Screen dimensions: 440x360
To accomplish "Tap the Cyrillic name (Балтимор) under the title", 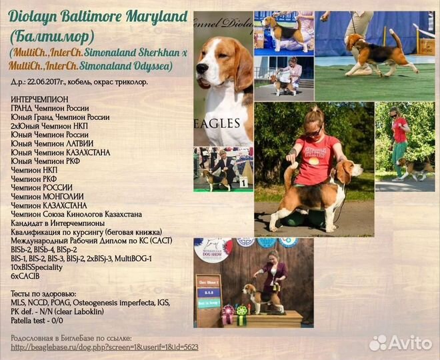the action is tap(52, 37).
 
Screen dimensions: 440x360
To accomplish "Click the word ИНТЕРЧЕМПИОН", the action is tap(39, 99).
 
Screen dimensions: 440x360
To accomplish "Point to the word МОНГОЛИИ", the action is tap(63, 197).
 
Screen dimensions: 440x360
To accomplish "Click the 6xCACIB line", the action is tap(25, 277).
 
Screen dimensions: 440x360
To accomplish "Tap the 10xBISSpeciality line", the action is tap(37, 267).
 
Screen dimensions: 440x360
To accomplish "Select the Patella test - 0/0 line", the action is tap(37, 321).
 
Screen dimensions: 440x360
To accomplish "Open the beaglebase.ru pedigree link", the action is tap(105, 347).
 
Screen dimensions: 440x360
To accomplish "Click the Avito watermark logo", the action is tap(401, 343).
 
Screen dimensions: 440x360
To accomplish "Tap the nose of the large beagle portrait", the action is tap(202, 68).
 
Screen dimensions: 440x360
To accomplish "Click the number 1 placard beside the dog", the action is tap(244, 182).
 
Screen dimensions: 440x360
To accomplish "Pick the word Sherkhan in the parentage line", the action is tap(156, 53).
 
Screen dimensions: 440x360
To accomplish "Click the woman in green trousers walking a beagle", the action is tap(399, 143).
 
